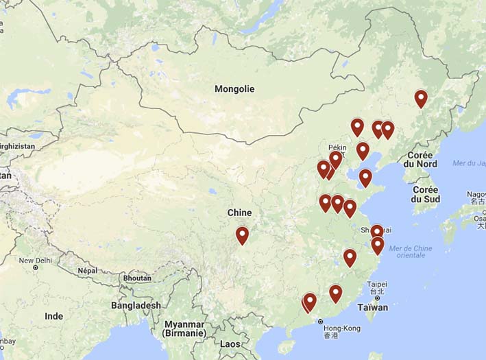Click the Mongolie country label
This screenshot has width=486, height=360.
pyautogui.click(x=234, y=89)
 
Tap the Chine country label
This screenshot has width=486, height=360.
pyautogui.click(x=239, y=213)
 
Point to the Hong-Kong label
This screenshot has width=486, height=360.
pyautogui.click(x=341, y=328)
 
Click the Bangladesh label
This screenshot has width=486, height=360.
pyautogui.click(x=136, y=305)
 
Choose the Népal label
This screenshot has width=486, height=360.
pyautogui.click(x=86, y=270)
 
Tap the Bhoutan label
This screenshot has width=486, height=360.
pyautogui.click(x=136, y=278)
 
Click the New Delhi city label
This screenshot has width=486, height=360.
pyautogui.click(x=36, y=261)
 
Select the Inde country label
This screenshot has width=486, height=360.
pyautogui.click(x=53, y=316)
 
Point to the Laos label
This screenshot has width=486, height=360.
pyautogui.click(x=231, y=344)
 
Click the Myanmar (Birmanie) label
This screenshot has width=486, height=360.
pyautogui.click(x=185, y=328)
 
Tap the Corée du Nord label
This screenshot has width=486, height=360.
pyautogui.click(x=420, y=160)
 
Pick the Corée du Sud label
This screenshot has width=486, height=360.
pyautogui.click(x=425, y=194)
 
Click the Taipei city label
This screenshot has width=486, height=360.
pyautogui.click(x=377, y=284)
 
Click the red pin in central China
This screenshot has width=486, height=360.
pyautogui.click(x=242, y=235)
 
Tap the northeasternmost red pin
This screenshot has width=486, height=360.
pyautogui.click(x=421, y=99)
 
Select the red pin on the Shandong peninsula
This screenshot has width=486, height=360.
pyautogui.click(x=365, y=178)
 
